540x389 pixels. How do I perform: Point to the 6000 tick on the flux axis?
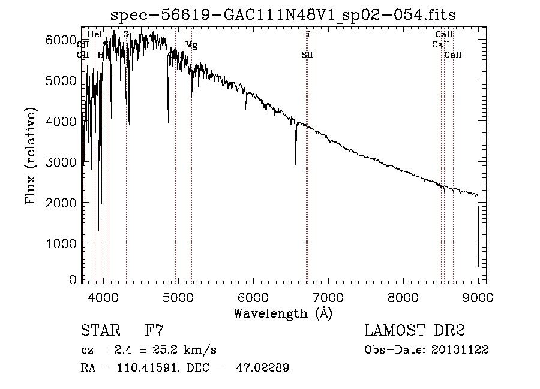point(62,40)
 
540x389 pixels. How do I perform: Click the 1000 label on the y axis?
point(62,243)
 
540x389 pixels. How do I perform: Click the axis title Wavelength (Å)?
point(283,313)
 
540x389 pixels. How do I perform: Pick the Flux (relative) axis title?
point(31,156)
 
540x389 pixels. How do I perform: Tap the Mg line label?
point(191,45)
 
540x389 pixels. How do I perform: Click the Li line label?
point(306,35)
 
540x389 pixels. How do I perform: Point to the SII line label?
point(307,55)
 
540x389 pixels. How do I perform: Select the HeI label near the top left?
point(95,35)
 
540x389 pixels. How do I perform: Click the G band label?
point(126,34)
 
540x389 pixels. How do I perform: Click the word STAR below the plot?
point(98,331)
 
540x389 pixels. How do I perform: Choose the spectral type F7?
point(154,331)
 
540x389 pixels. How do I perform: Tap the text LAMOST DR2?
point(414,331)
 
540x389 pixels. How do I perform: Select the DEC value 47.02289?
point(263,368)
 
